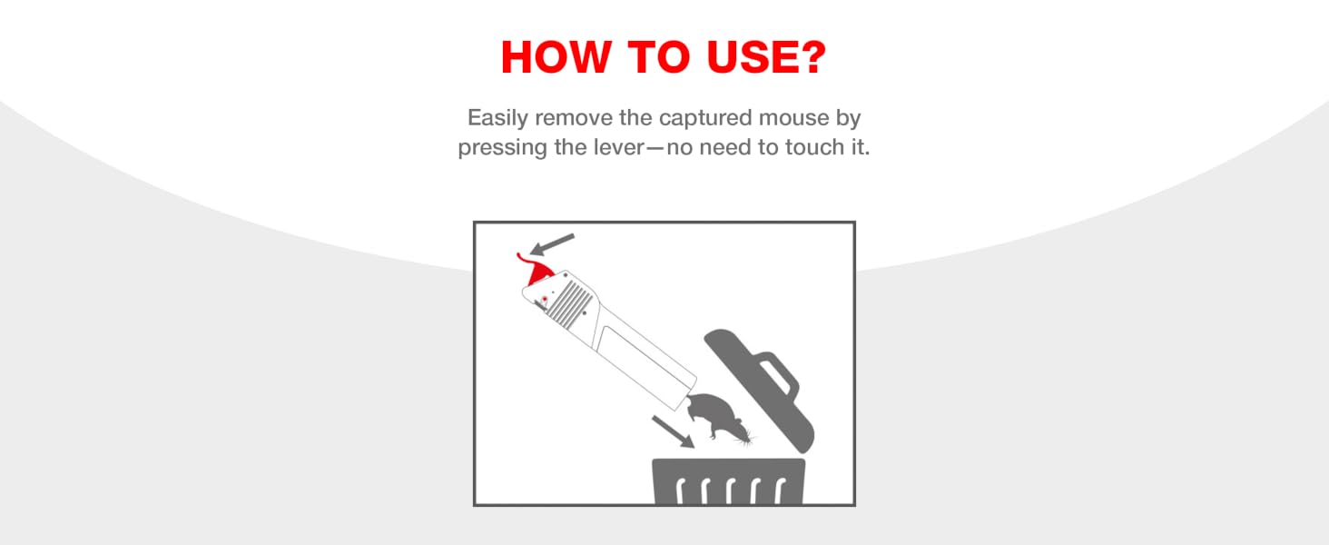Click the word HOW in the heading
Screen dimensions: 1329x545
pyautogui.click(x=556, y=57)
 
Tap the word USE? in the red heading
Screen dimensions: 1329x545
pyautogui.click(x=766, y=57)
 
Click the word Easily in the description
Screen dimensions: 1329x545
pyautogui.click(x=497, y=118)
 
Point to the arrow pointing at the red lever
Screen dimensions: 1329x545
pyautogui.click(x=552, y=244)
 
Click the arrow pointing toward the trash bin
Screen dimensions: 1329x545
pyautogui.click(x=674, y=431)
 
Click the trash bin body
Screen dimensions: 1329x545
pyautogui.click(x=729, y=481)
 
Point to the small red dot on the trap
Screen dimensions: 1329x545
pyautogui.click(x=544, y=299)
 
